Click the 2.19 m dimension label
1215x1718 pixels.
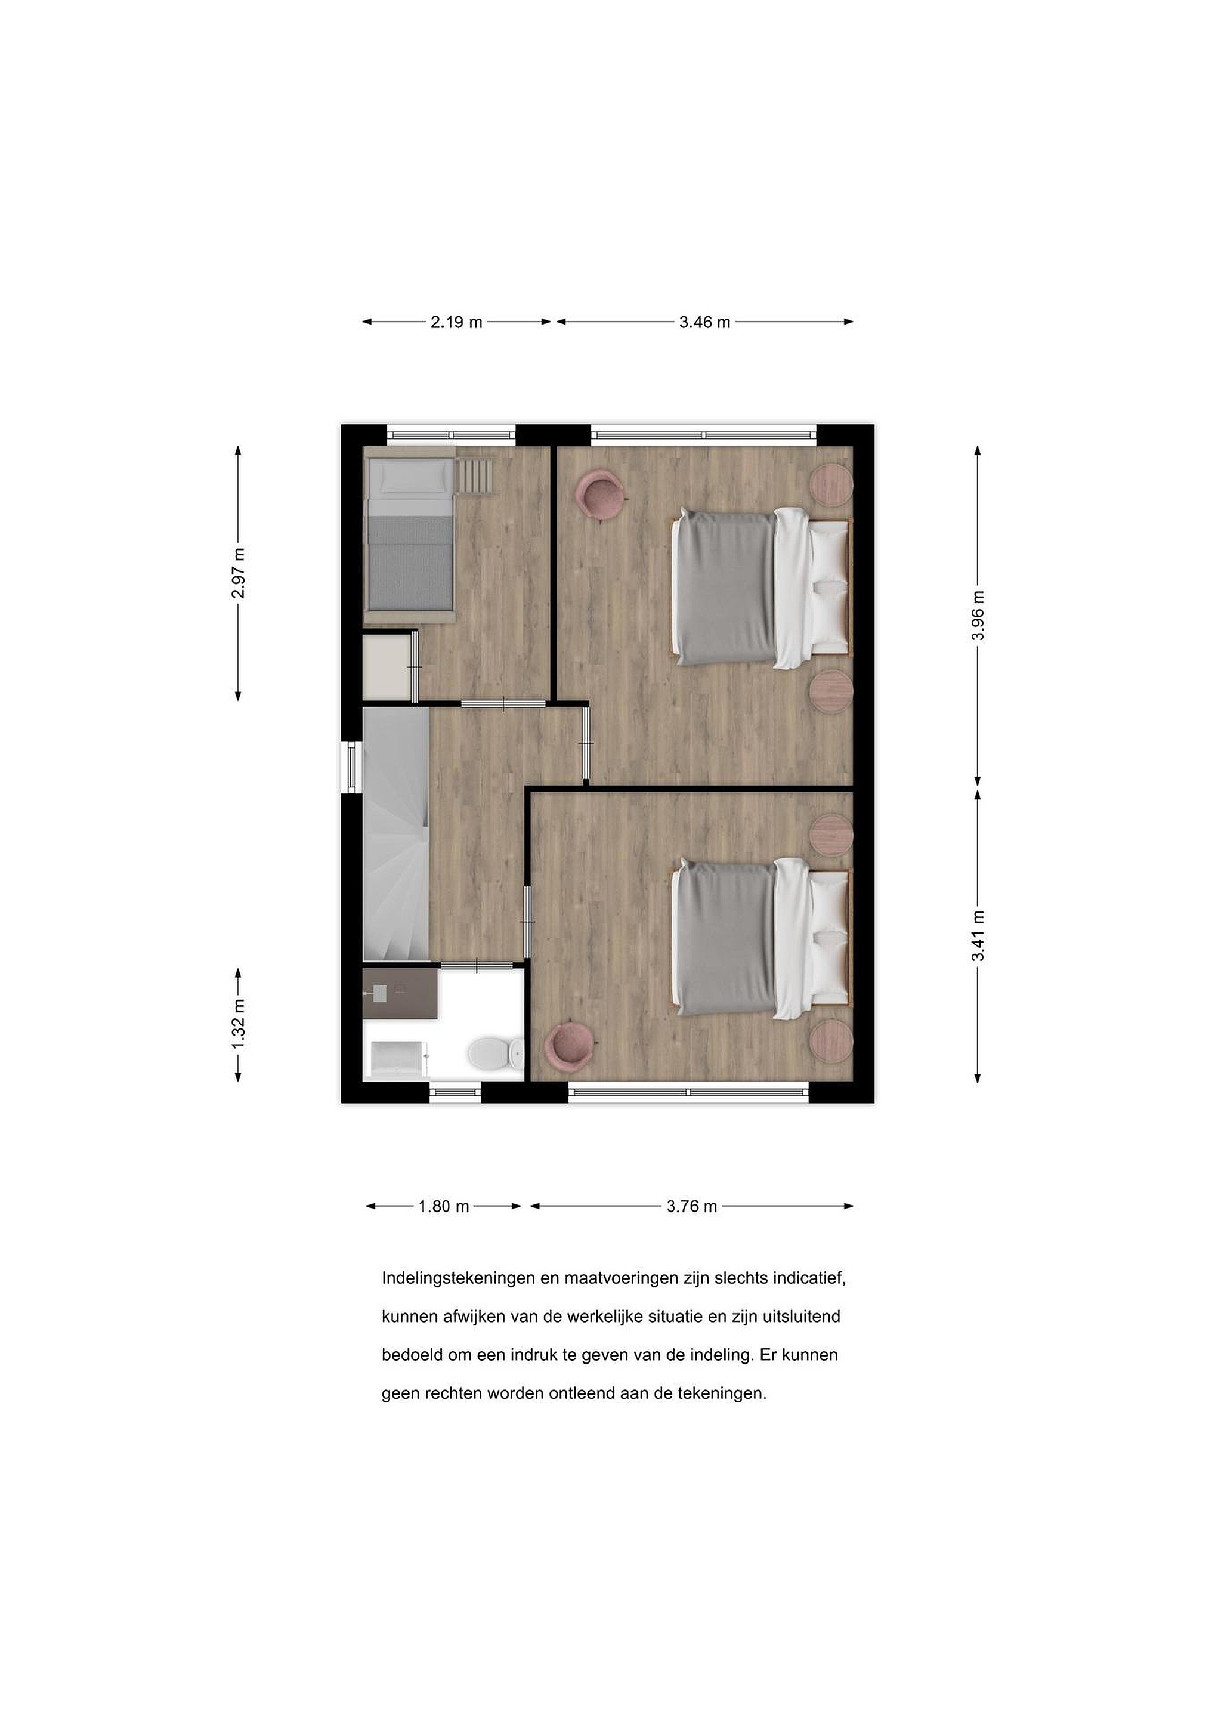tap(456, 323)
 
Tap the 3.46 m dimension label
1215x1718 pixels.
tap(705, 323)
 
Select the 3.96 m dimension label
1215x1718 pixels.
tap(978, 615)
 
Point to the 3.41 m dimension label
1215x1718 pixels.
tap(978, 936)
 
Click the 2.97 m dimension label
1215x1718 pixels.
tap(238, 574)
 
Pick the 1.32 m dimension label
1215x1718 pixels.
tap(238, 1024)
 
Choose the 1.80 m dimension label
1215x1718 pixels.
tap(444, 1206)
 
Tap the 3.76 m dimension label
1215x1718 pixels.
tap(692, 1206)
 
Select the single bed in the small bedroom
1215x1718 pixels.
tap(409, 536)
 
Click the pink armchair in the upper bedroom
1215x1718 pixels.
tap(601, 492)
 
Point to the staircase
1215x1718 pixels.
tap(396, 835)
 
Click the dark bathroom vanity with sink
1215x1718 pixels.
tap(400, 993)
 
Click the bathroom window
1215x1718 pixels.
tap(455, 1093)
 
